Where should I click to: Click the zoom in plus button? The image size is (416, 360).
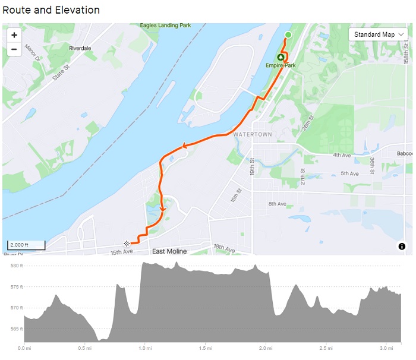coord(14,35)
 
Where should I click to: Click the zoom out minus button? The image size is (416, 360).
coord(14,49)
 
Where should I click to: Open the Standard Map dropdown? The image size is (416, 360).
coord(378,34)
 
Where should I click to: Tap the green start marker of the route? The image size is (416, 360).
coord(288,35)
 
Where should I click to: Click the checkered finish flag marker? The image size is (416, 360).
coord(127,244)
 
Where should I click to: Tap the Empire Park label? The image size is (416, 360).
coord(281,65)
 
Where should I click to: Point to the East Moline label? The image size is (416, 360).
coord(170,252)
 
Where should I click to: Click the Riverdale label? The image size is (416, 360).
coord(80,48)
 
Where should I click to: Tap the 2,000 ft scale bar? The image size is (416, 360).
coord(26,245)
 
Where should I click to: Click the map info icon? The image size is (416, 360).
coord(402,246)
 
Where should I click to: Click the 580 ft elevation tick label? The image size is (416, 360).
coord(17,266)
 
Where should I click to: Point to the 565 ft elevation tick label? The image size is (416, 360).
coord(17,329)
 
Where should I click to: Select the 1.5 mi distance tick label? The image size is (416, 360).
coord(206,348)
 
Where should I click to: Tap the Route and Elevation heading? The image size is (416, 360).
coord(51,10)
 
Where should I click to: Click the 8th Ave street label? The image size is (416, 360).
coord(277,204)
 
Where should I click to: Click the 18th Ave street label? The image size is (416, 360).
coord(225,247)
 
